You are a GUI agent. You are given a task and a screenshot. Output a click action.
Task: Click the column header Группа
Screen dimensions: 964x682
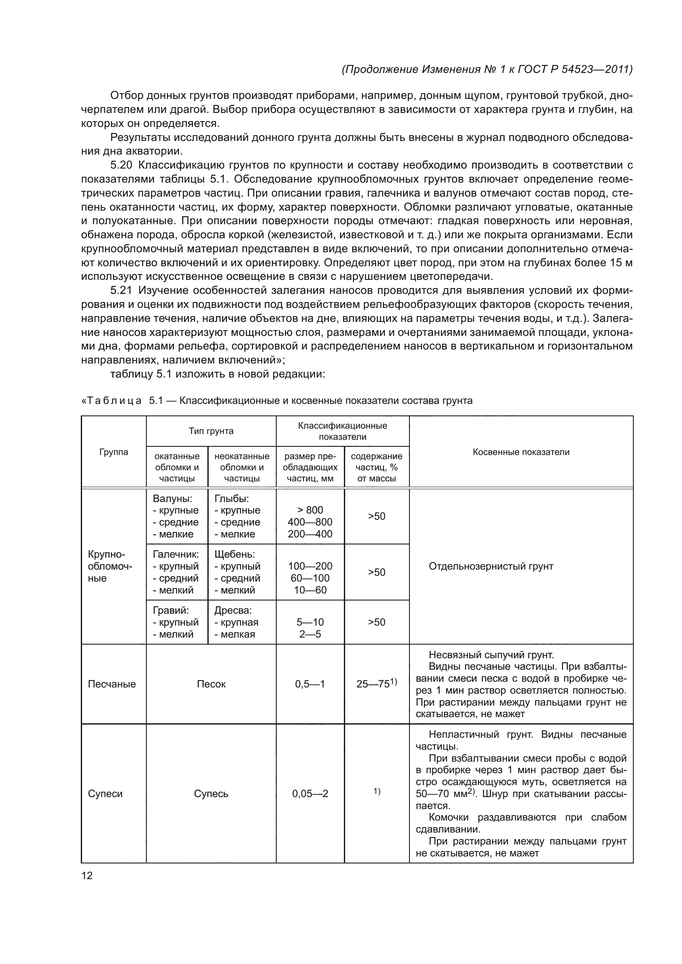[113, 452]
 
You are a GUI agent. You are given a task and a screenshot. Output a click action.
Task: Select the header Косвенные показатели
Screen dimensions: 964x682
[521, 452]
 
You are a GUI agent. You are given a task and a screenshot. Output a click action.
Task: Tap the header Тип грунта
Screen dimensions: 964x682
[211, 431]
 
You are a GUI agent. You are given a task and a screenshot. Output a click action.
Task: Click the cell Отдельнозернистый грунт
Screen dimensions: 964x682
[491, 566]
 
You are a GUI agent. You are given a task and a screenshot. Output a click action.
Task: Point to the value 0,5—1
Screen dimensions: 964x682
[310, 684]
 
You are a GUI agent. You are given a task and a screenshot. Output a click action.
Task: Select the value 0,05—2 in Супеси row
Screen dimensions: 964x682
[310, 793]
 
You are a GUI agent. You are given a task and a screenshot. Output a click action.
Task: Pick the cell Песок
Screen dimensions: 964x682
[211, 684]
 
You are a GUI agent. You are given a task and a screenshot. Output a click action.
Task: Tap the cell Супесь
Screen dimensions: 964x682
[211, 793]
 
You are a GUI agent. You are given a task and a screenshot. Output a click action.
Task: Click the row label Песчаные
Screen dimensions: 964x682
[112, 684]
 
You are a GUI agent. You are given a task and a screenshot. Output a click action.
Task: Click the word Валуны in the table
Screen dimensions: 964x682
[172, 499]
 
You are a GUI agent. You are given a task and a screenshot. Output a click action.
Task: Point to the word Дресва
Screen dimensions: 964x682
[233, 610]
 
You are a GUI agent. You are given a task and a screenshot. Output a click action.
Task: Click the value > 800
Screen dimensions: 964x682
[310, 510]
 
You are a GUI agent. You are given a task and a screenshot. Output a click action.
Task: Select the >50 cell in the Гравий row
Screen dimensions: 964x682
[376, 622]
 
